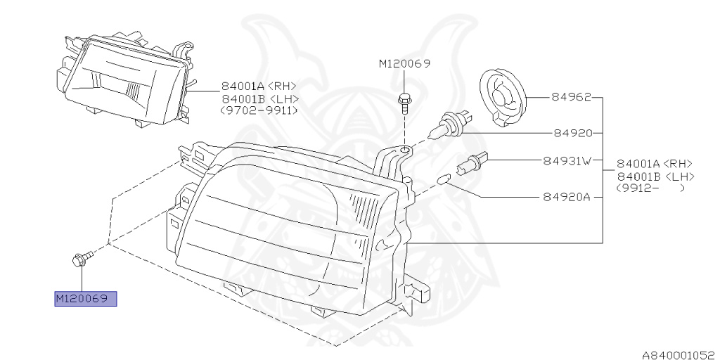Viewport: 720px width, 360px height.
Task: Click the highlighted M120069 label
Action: [x=85, y=299]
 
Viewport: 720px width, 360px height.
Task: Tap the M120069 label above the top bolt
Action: [x=404, y=63]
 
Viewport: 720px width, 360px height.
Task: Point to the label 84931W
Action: [x=567, y=161]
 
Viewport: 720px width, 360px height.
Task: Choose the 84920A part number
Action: [x=566, y=197]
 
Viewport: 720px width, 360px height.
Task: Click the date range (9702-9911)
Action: [x=259, y=110]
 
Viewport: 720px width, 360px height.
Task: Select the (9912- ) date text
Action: [x=650, y=188]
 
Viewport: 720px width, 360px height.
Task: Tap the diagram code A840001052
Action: [x=680, y=354]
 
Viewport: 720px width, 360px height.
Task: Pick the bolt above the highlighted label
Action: [x=82, y=259]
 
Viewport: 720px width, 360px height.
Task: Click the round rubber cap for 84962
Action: [x=502, y=97]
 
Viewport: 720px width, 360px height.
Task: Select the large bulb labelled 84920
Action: [x=449, y=125]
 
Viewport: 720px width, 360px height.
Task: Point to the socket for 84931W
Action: [x=473, y=162]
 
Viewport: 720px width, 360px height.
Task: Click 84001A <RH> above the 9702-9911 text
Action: [x=259, y=86]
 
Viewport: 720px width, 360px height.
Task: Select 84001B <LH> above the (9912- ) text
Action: [x=655, y=176]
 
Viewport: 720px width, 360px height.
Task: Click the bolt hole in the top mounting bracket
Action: [x=404, y=149]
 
